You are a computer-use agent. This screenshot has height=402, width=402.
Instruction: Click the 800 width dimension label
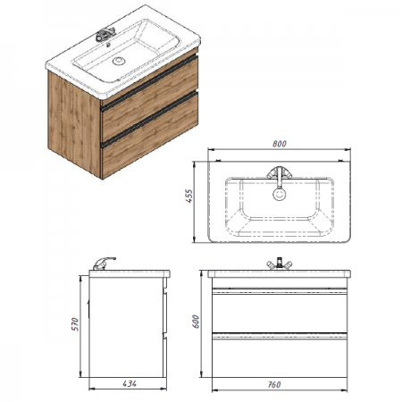(280, 144)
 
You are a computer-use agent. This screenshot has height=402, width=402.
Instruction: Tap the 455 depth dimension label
(189, 196)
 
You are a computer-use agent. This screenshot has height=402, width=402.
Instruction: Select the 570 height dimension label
(75, 324)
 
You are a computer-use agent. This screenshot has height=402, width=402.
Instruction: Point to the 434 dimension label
(130, 384)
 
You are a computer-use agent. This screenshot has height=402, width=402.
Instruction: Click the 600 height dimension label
(196, 322)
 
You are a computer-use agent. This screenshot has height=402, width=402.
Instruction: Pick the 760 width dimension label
(273, 384)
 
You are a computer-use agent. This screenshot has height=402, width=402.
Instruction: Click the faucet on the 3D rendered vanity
(105, 34)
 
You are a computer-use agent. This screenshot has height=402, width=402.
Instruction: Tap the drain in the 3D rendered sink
(119, 61)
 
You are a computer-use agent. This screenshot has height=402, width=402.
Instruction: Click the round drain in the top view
(280, 195)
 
